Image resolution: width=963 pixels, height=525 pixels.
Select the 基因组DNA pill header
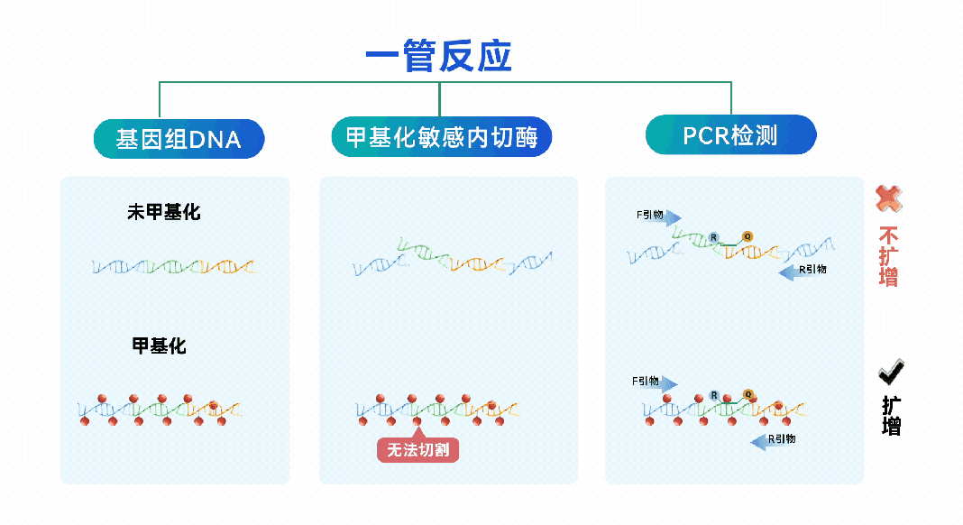[x=179, y=139]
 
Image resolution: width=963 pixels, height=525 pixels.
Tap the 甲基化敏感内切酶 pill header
[x=442, y=136]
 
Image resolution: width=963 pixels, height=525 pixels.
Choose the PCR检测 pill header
[x=731, y=134]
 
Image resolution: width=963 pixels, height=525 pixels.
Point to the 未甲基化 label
[x=163, y=212]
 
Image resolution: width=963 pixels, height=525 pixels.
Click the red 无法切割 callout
[x=417, y=448]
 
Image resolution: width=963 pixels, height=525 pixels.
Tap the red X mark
[x=889, y=198]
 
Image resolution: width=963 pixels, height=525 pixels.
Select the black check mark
[x=891, y=371]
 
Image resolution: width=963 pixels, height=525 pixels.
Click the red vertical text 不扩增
[x=889, y=256]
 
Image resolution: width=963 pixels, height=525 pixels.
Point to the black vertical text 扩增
[x=891, y=416]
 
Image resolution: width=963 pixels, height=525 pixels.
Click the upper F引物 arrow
[x=658, y=216]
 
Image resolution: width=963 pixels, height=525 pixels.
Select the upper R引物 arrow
[x=802, y=271]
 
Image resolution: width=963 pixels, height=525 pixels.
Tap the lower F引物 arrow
[x=655, y=382]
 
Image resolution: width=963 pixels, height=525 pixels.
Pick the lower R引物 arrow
[x=774, y=440]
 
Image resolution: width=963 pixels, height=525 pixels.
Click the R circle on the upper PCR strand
[x=713, y=237]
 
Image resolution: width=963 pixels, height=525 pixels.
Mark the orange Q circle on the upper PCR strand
[x=747, y=236]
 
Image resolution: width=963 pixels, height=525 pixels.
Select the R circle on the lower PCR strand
[x=713, y=395]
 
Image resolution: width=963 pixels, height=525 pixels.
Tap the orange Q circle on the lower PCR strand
[x=747, y=394]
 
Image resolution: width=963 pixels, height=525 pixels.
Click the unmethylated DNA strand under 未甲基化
[x=173, y=266]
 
